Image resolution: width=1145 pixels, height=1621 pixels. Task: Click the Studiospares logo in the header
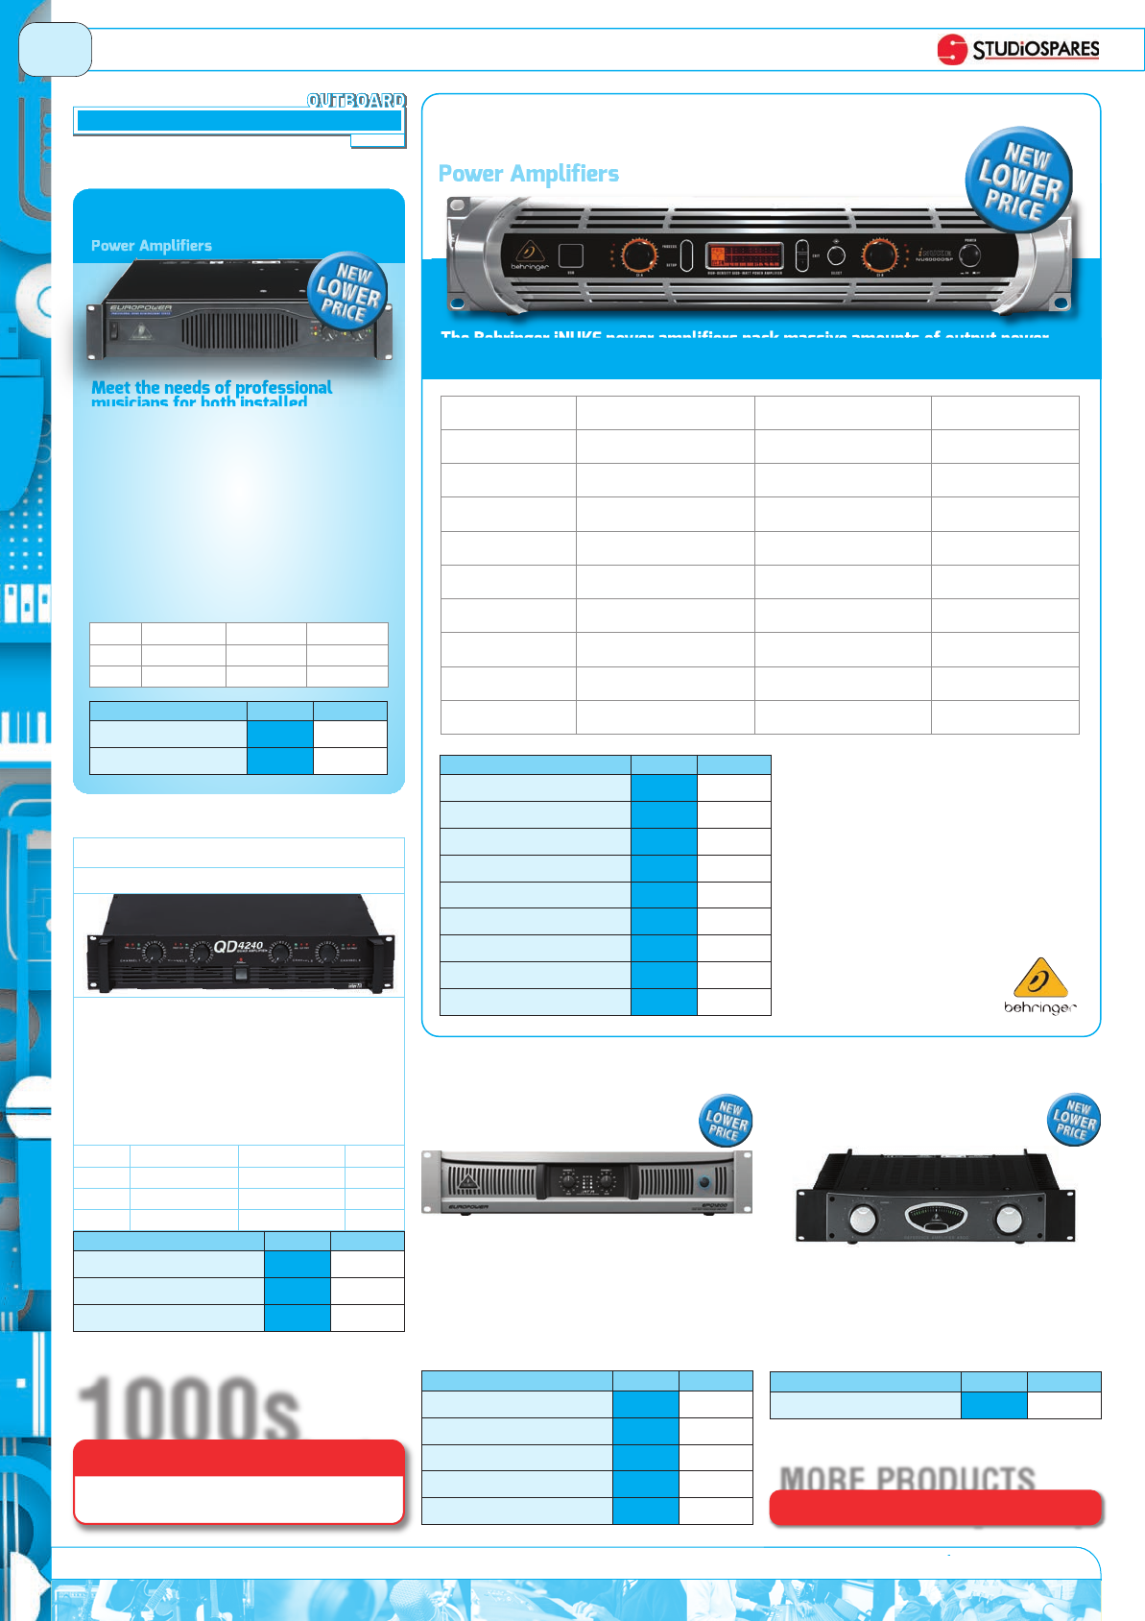coord(1018,49)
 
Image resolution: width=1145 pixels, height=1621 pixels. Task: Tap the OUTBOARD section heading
coord(356,100)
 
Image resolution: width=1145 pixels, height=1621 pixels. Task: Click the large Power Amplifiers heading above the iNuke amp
coord(528,174)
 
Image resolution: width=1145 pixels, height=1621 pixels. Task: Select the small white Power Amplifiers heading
coord(152,246)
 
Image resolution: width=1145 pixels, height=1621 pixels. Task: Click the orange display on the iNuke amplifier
coord(744,255)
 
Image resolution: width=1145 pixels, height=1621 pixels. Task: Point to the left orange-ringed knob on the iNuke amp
coord(637,255)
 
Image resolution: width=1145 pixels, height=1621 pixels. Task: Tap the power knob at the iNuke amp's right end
coord(970,255)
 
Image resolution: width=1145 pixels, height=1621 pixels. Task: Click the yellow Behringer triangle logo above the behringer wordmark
coord(1039,979)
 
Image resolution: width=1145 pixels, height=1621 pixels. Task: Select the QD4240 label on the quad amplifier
coord(238,947)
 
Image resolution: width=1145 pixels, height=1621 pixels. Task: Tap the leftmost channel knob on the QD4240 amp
coord(152,952)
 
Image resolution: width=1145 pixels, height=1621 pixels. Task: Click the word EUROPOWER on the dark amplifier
coord(140,309)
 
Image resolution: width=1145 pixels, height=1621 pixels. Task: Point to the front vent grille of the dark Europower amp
coord(240,332)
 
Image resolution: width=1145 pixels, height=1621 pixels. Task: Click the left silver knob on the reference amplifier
coord(864,1219)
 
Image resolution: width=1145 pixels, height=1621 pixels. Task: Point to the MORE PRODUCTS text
coord(907,1478)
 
